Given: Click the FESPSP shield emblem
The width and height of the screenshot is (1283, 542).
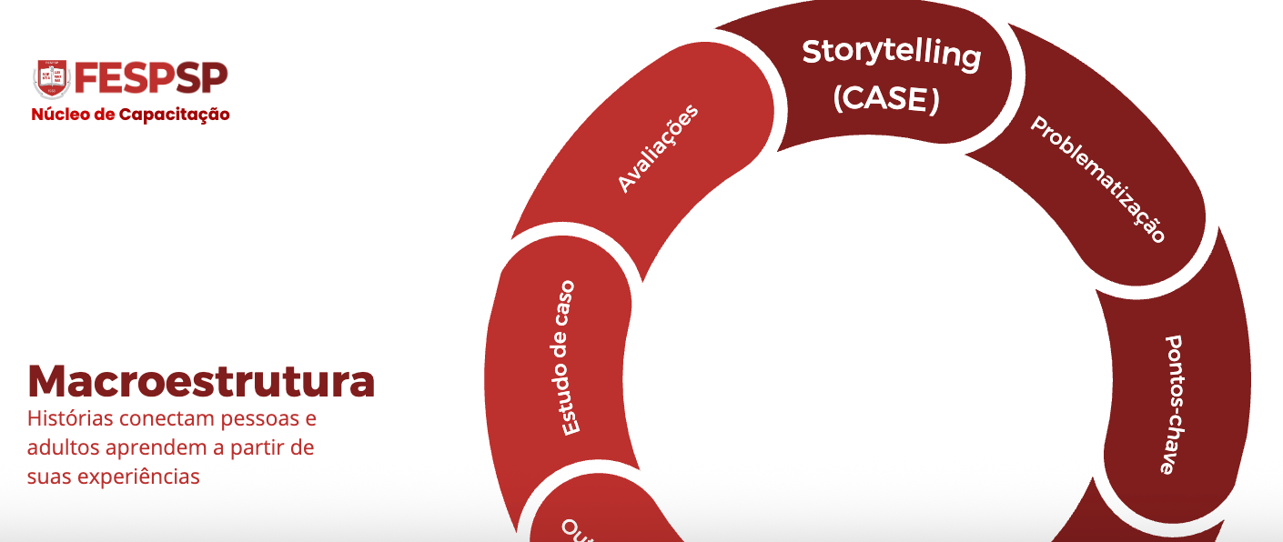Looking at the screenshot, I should click(52, 79).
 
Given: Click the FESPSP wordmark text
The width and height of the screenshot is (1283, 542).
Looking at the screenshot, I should click(151, 79).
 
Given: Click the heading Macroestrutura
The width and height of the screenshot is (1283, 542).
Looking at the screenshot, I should click(201, 381).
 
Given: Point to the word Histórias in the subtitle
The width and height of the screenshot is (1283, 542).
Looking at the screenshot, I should click(64, 419).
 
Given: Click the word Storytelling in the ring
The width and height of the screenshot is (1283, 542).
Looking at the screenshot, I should click(891, 53).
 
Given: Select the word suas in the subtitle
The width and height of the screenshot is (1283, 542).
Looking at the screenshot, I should click(47, 476).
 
